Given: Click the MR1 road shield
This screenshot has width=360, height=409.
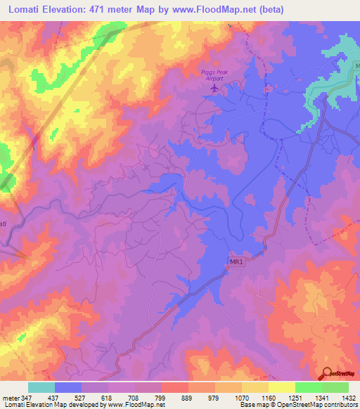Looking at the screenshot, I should (x=236, y=262).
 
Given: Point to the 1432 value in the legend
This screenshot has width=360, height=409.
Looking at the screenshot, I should (x=348, y=398).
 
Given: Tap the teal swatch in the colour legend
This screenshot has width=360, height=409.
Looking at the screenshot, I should (x=41, y=387).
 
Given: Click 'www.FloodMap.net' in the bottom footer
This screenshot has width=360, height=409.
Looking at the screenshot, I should (x=136, y=405).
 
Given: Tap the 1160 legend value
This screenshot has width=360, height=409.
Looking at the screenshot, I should (x=268, y=398).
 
